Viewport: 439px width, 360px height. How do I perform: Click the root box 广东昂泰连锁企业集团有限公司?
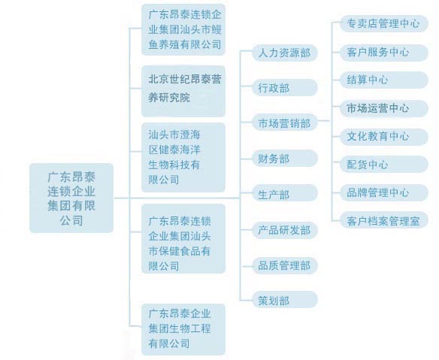point(71,198)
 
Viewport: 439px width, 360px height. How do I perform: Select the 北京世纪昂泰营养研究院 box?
point(183,91)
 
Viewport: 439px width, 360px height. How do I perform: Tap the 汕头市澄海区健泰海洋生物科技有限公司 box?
point(183,157)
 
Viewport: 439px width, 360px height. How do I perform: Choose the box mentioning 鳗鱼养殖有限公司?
point(183,29)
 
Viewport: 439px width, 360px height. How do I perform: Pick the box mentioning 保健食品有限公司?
point(183,238)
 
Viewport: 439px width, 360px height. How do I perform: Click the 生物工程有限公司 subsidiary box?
point(183,329)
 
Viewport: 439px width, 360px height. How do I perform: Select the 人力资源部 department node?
point(285,53)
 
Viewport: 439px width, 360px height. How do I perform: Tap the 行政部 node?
point(285,88)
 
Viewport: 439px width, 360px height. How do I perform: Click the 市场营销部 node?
point(285,123)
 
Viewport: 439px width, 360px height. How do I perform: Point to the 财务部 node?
point(285,159)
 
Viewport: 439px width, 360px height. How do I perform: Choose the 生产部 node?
point(285,193)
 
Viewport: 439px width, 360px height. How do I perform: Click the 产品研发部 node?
point(285,231)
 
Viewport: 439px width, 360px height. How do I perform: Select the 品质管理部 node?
point(285,265)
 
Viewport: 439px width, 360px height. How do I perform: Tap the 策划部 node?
point(285,300)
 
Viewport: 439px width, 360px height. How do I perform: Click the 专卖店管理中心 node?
point(384,23)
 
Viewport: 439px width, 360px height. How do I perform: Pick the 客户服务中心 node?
point(384,52)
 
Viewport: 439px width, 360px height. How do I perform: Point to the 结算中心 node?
point(384,80)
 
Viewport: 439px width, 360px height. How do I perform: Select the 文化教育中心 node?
point(384,137)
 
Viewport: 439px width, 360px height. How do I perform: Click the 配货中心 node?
point(384,165)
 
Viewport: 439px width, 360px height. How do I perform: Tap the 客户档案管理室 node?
point(384,220)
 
